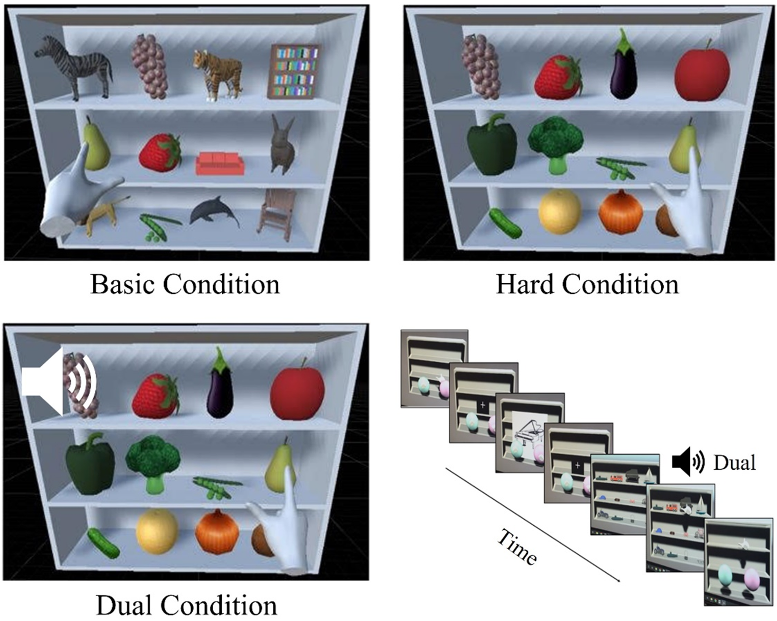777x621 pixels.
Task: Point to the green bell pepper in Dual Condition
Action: pos(90,464)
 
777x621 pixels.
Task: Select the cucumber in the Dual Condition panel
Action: pos(103,543)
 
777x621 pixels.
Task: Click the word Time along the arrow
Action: pos(517,548)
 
